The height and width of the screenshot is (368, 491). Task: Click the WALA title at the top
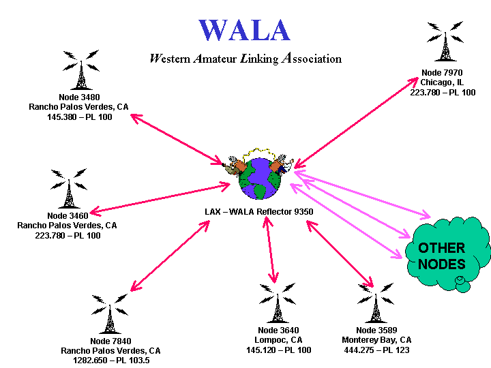pos(245,30)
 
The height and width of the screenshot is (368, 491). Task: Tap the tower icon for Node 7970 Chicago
pos(444,44)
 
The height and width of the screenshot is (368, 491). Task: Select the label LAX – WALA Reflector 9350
pos(259,212)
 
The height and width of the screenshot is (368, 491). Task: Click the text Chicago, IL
pos(443,82)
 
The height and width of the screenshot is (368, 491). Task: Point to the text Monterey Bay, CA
pos(376,340)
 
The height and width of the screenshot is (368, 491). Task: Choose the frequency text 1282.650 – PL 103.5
pos(110,361)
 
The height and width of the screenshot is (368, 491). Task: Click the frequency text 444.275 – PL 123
pos(376,350)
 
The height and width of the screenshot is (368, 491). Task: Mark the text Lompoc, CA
pos(278,340)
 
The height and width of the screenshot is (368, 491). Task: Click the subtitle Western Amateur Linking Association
pos(245,59)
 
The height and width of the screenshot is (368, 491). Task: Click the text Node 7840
pos(110,341)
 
